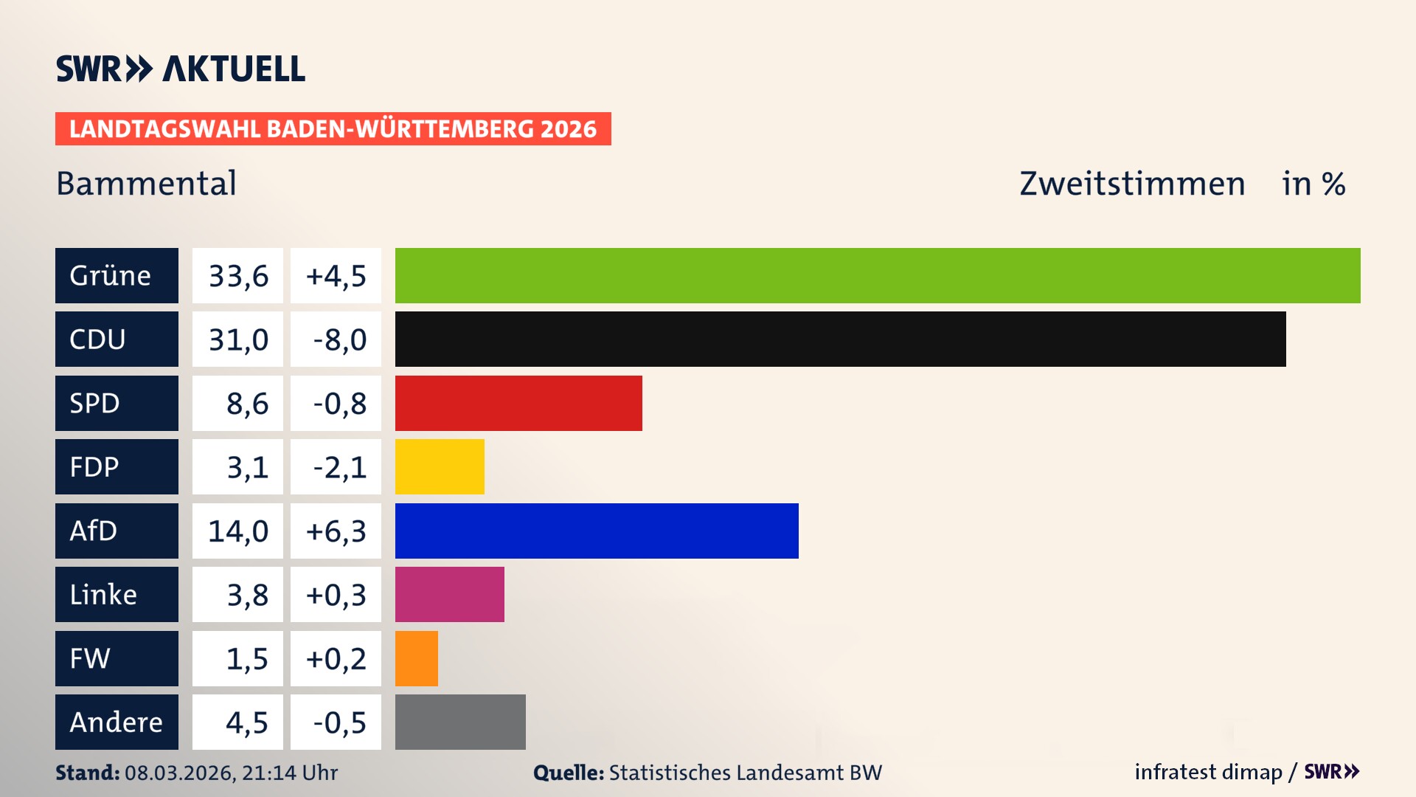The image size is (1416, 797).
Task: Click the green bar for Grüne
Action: pos(878,275)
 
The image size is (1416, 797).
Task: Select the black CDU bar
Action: pos(841,339)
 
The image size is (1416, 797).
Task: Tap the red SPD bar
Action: pos(518,403)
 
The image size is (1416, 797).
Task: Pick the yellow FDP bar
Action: pos(440,466)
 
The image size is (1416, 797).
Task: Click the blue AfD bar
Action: pos(597,531)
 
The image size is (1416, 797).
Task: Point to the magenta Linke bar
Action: pos(450,594)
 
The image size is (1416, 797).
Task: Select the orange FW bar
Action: pos(417,658)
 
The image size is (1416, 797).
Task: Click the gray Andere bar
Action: pos(460,722)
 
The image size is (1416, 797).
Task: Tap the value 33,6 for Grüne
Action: pos(238,276)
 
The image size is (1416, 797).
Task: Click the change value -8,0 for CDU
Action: pos(339,339)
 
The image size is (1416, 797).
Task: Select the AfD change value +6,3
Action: pos(336,531)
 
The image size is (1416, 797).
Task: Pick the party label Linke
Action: pos(103,595)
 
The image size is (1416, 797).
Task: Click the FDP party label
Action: pos(94,467)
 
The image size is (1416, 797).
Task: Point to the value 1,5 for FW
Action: pos(246,659)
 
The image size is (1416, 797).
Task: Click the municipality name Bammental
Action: pos(146,183)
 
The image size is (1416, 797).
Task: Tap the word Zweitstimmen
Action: pos(1132,184)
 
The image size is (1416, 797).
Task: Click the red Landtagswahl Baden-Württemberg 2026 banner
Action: pos(333,129)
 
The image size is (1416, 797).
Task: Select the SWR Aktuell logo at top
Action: pos(181,69)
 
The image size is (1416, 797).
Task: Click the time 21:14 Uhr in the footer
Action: pos(289,773)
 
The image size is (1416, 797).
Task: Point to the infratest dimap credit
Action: pos(1208,772)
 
